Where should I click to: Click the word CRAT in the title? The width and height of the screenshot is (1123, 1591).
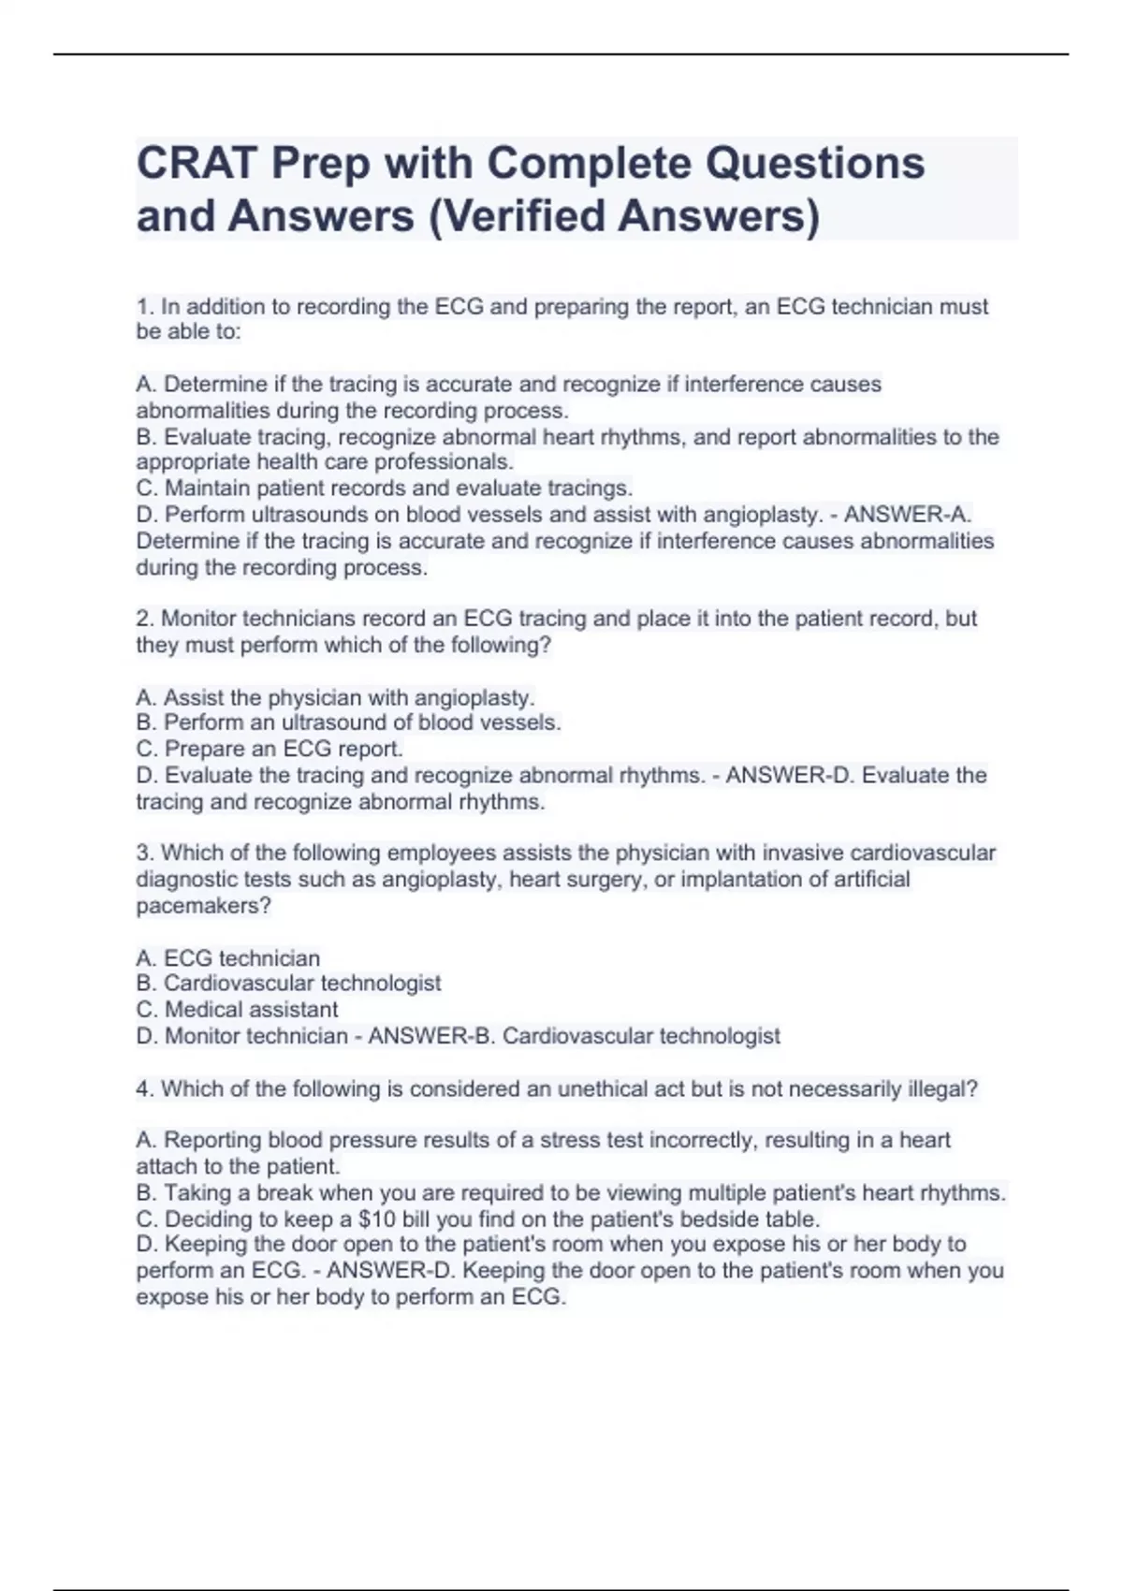(x=197, y=163)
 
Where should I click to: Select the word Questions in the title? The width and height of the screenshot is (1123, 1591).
(x=814, y=163)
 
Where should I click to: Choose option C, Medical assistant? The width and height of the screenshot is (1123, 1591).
(x=237, y=1010)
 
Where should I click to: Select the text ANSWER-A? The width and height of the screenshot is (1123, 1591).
(x=907, y=515)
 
